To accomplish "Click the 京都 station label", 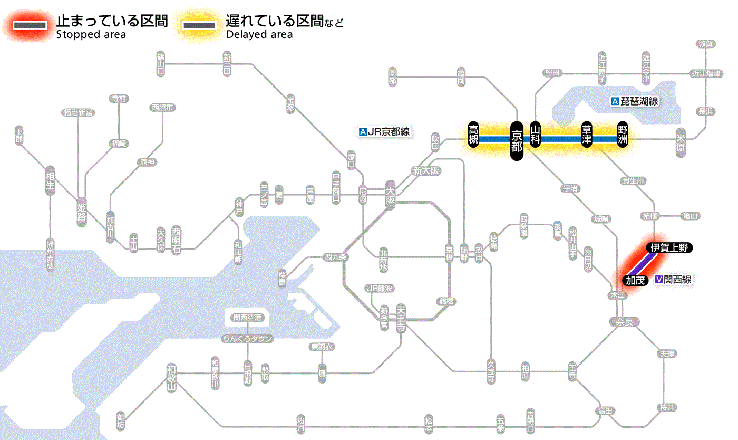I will [x=517, y=140].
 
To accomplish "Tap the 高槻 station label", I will [x=474, y=135].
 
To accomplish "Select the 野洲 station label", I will [x=623, y=135].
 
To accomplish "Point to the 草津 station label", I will [x=587, y=135].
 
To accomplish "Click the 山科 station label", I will [x=536, y=135].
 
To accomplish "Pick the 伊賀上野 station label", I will [x=669, y=248].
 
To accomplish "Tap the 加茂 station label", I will [x=635, y=280].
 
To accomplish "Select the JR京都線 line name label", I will [x=384, y=132].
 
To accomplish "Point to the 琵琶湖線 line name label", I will [x=635, y=101].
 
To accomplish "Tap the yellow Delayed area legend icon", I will [x=199, y=25].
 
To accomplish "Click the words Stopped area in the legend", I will [x=91, y=35].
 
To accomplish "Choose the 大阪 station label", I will [x=391, y=195].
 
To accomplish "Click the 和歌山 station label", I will [x=171, y=378].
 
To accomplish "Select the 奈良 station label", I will [x=624, y=322].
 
